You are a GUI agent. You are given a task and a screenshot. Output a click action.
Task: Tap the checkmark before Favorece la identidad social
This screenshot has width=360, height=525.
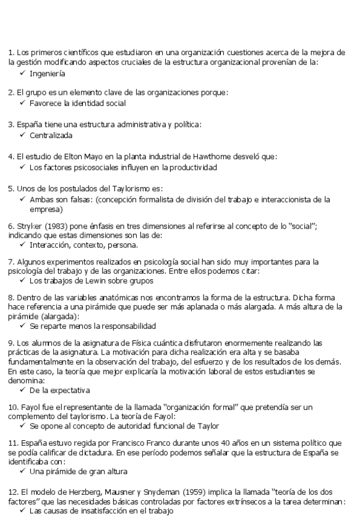coord(22,103)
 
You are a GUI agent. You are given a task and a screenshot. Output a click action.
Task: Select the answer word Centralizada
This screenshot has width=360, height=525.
coord(51,135)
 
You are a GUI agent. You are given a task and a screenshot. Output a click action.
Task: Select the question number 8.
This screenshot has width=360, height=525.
coord(11,298)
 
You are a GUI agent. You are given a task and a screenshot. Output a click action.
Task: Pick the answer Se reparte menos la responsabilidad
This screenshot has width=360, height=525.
coord(93,325)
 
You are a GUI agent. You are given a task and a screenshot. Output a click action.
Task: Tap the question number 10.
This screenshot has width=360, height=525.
coord(13,407)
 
